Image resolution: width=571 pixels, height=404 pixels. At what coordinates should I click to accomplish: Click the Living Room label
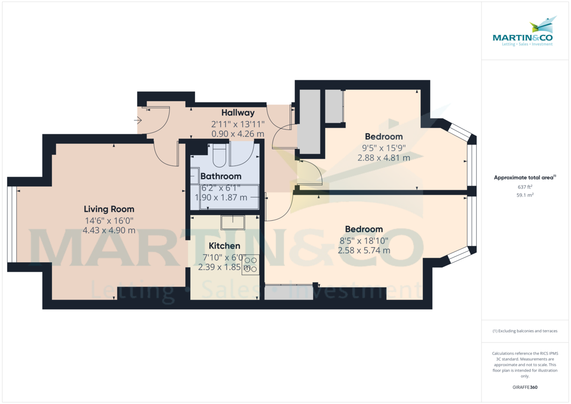[109, 209]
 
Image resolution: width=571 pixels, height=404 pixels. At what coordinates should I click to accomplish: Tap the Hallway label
[237, 113]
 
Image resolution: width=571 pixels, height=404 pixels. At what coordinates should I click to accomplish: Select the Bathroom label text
[221, 177]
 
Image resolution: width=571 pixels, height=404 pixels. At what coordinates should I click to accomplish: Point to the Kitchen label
[224, 246]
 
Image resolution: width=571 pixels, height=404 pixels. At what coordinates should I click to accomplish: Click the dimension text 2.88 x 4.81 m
[384, 158]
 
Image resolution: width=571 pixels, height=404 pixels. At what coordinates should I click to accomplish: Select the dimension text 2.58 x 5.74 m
[364, 250]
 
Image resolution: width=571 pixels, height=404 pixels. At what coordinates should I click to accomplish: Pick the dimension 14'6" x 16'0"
[109, 220]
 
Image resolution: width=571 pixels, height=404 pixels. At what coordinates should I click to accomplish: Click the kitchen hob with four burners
[250, 265]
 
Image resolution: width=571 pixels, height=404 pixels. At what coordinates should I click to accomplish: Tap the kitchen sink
[233, 222]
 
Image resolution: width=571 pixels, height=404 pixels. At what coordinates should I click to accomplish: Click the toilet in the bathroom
[220, 154]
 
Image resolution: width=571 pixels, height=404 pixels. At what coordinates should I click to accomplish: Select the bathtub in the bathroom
[229, 197]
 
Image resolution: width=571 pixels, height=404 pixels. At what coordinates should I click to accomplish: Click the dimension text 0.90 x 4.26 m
[237, 134]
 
